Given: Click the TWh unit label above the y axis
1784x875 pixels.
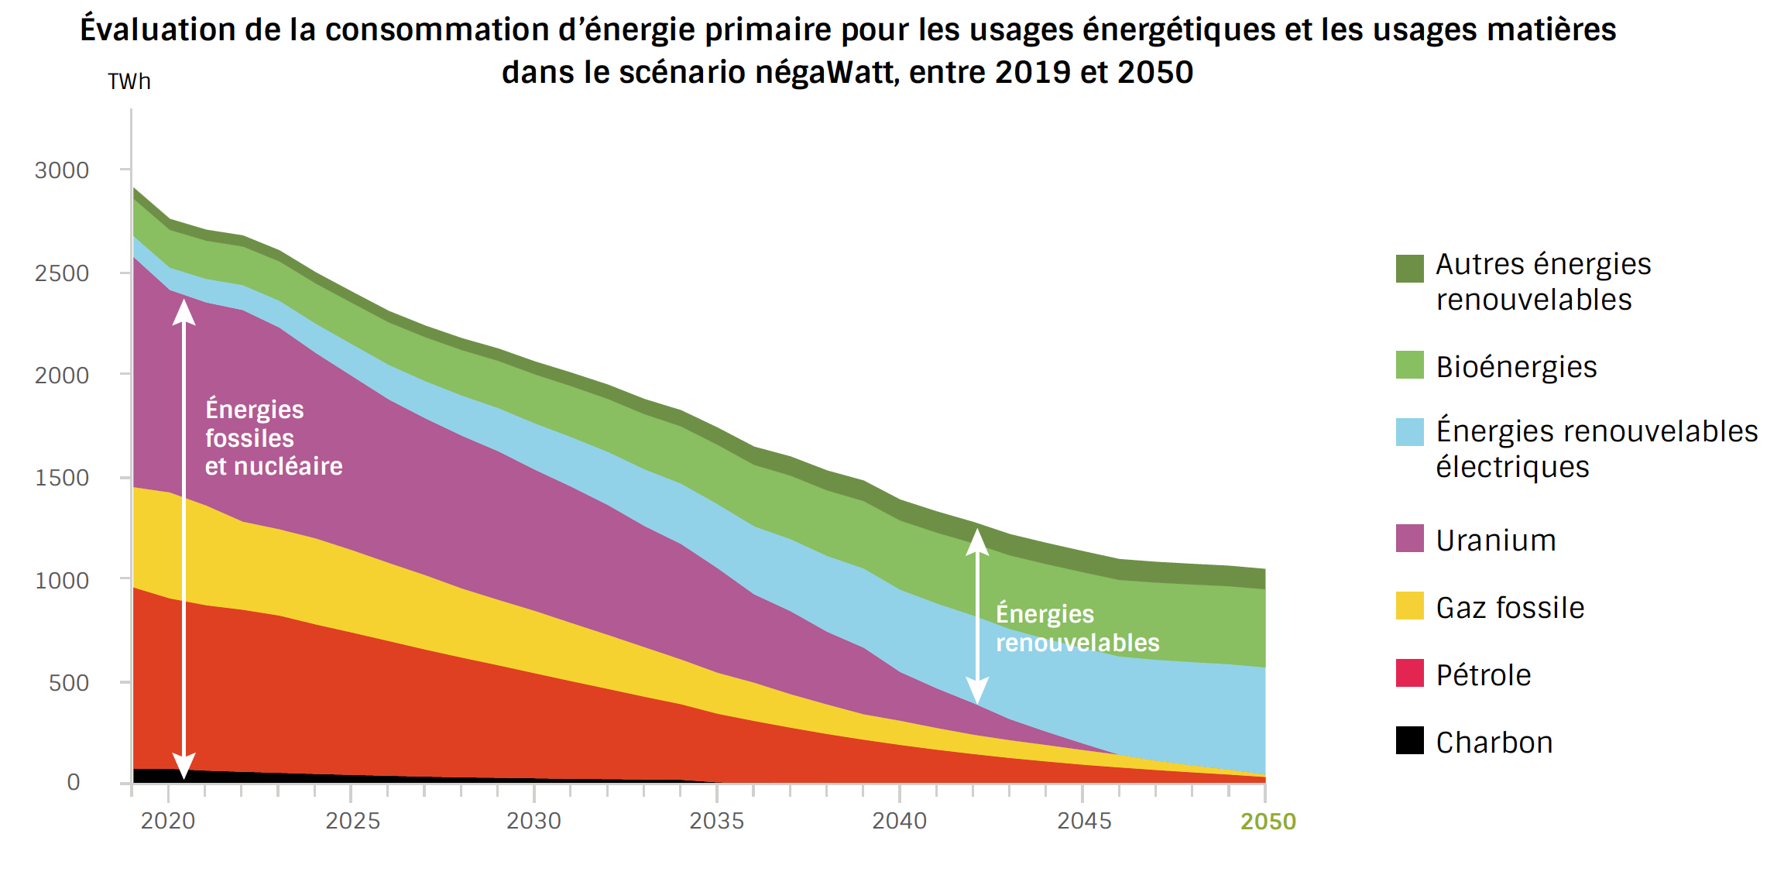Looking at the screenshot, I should pyautogui.click(x=129, y=81).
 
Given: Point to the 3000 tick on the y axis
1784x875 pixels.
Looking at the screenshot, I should pyautogui.click(x=62, y=170).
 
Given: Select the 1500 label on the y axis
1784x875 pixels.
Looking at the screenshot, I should pyautogui.click(x=62, y=478).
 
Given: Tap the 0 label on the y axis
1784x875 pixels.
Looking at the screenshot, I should pyautogui.click(x=74, y=782).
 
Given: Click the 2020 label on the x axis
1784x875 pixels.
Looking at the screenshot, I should pyautogui.click(x=168, y=821).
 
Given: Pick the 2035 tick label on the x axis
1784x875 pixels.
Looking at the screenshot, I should pyautogui.click(x=717, y=821).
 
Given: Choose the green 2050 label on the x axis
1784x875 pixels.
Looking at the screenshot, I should pyautogui.click(x=1268, y=822).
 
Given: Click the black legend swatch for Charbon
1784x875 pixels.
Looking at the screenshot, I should pyautogui.click(x=1409, y=740).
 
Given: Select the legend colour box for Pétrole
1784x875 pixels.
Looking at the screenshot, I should pyautogui.click(x=1409, y=673).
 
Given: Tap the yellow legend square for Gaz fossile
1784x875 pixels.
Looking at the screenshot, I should pyautogui.click(x=1409, y=606).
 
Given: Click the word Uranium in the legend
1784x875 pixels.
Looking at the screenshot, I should pyautogui.click(x=1496, y=540).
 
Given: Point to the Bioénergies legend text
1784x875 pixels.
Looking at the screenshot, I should pyautogui.click(x=1516, y=367).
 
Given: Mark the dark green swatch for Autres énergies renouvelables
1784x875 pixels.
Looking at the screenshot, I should pyautogui.click(x=1409, y=269).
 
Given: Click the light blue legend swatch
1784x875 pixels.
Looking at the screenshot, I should pyautogui.click(x=1409, y=432).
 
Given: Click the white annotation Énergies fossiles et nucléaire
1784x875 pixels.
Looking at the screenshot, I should pyautogui.click(x=273, y=437).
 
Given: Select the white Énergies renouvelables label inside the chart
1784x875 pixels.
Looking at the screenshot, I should pyautogui.click(x=1076, y=628).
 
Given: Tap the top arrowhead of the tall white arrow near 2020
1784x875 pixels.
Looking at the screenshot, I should pyautogui.click(x=184, y=310).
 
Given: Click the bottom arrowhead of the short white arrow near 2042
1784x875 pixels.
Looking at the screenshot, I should pyautogui.click(x=977, y=691).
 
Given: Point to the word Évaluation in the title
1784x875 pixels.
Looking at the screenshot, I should pyautogui.click(x=158, y=30).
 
